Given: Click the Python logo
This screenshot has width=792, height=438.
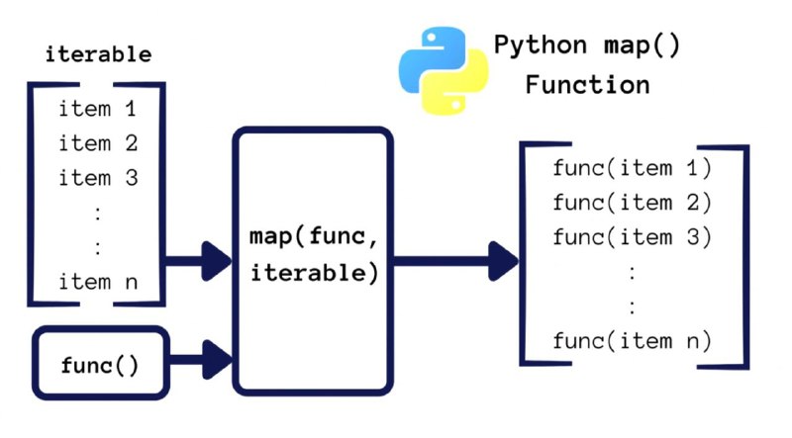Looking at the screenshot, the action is tap(444, 70).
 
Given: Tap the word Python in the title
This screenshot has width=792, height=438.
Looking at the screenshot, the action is tap(541, 45).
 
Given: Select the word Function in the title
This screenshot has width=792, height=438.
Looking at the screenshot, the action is tap(587, 84).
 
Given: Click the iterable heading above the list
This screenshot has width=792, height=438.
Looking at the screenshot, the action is tap(98, 54).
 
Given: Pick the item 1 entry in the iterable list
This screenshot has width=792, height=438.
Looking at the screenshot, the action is tap(97, 109).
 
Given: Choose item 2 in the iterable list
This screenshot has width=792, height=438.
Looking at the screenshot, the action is tap(98, 142).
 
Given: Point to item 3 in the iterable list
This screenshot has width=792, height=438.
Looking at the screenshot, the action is tap(98, 178).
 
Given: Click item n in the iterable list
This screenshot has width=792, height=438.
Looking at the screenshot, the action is tap(98, 282).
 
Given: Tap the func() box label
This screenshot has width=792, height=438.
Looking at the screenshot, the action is tap(100, 365).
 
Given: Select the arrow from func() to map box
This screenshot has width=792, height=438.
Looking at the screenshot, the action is tap(201, 360).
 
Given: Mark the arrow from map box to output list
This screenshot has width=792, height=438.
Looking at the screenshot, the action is tap(455, 261).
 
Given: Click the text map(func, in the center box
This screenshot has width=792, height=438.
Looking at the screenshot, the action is tap(313, 236).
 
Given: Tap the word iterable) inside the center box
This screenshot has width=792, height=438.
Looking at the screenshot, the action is tap(314, 273).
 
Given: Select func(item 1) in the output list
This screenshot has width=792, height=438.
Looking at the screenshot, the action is tap(632, 167).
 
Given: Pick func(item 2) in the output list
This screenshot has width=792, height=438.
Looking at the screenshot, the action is tap(632, 203).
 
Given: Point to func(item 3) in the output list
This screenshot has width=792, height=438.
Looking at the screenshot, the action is tap(632, 236).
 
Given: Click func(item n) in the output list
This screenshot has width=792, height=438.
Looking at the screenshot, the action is tap(632, 340).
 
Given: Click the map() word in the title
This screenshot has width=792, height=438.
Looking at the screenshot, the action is tap(642, 45).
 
